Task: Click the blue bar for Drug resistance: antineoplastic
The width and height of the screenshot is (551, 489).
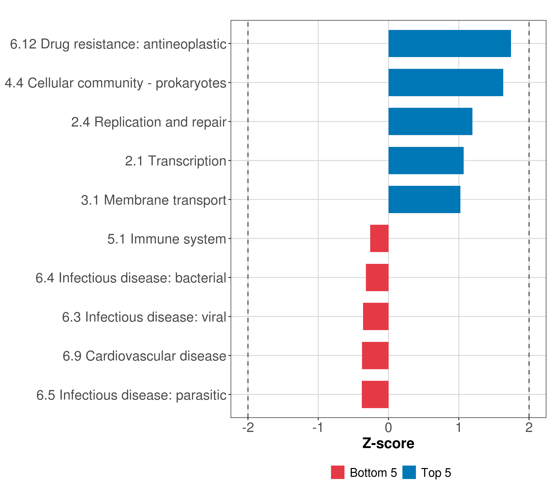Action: (x=449, y=43)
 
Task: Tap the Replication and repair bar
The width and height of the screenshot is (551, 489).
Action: (x=430, y=121)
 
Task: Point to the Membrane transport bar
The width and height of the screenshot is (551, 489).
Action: (x=424, y=199)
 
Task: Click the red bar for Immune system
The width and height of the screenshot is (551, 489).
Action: (x=379, y=238)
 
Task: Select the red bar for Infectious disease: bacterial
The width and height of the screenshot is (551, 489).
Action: (x=377, y=278)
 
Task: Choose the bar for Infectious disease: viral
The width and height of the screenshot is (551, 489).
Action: (x=376, y=316)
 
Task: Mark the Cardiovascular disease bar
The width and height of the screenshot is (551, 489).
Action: (x=375, y=356)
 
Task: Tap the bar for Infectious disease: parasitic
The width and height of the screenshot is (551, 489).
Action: (x=375, y=394)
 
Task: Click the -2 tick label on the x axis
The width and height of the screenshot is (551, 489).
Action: (x=248, y=427)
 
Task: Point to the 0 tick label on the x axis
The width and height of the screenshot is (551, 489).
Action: (x=388, y=427)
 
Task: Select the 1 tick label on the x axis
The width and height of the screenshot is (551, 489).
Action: (x=459, y=427)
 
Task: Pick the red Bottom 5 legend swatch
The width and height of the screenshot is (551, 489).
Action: (x=338, y=472)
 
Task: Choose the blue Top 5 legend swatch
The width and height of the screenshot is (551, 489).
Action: (x=409, y=472)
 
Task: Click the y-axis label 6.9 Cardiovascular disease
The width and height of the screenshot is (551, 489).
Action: (x=144, y=356)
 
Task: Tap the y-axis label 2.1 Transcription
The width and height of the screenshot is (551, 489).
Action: (x=176, y=161)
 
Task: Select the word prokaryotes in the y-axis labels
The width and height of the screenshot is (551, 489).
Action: (x=191, y=83)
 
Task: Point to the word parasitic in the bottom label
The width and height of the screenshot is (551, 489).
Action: (x=201, y=395)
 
